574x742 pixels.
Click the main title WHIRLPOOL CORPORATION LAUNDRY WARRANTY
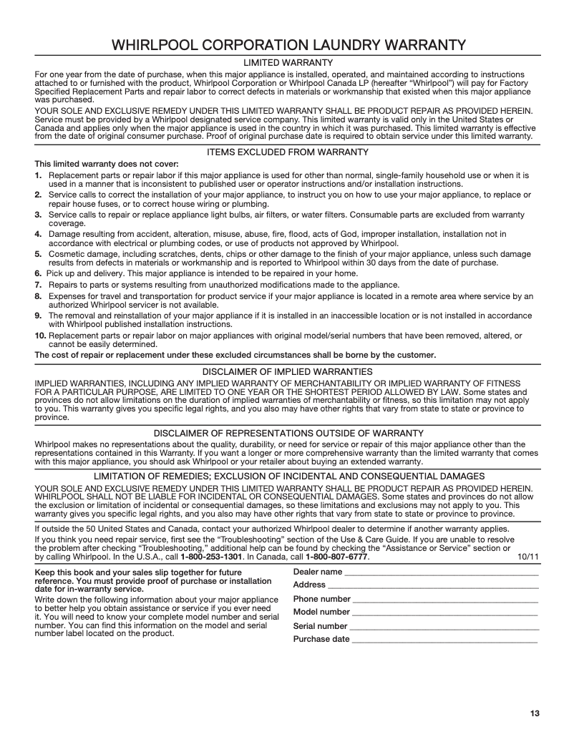(x=287, y=44)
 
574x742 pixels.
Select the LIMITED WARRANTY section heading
(x=287, y=64)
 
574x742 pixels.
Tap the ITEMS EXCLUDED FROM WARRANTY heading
(x=287, y=152)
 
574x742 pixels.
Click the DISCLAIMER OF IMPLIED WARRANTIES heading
(x=287, y=372)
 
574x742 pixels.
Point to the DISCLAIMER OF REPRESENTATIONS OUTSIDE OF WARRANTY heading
(x=287, y=433)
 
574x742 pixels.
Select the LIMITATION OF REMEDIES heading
(x=287, y=476)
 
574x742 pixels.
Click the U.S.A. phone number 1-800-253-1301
(x=211, y=556)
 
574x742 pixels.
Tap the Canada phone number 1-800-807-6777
(x=336, y=556)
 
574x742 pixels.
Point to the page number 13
(x=535, y=713)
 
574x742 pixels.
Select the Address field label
(x=309, y=585)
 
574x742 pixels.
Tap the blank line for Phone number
(x=445, y=600)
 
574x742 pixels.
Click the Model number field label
(x=321, y=612)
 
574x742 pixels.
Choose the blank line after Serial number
(x=444, y=628)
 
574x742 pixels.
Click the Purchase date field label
(x=321, y=639)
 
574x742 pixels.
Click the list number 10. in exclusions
(x=41, y=336)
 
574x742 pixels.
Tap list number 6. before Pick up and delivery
(x=39, y=274)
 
